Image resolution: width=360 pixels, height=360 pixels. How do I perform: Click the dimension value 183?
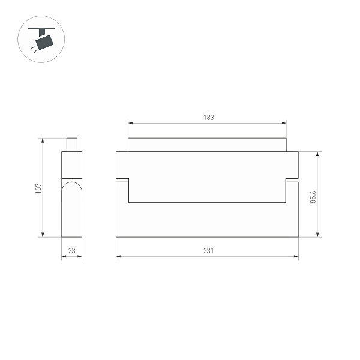[x=208, y=118]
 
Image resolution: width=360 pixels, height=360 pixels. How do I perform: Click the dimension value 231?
[x=208, y=251]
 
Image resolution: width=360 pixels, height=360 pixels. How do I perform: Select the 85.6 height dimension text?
[x=313, y=196]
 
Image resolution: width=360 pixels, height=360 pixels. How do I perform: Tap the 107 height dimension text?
[x=38, y=188]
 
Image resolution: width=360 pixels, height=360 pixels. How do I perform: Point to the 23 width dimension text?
[x=72, y=251]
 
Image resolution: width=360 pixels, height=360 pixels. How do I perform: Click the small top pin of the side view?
[x=72, y=145]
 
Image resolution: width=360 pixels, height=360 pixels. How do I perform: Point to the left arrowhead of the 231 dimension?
[x=118, y=257]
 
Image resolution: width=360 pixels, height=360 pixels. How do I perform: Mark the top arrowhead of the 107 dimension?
[x=43, y=140]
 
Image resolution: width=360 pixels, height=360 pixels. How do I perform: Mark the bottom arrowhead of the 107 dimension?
[x=43, y=235]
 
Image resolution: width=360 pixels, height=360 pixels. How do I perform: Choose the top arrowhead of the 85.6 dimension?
[x=318, y=154]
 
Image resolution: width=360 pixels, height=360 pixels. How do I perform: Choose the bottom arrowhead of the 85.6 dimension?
[x=318, y=235]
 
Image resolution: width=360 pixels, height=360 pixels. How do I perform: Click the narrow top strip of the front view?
[x=208, y=145]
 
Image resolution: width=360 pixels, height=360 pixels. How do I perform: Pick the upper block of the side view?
[x=72, y=165]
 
